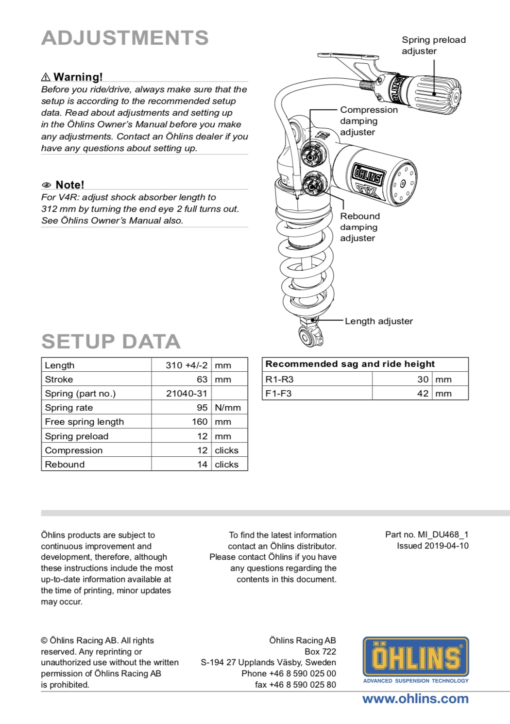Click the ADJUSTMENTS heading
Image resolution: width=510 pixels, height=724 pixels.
[x=125, y=38]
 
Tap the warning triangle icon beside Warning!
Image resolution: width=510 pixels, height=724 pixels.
[x=46, y=77]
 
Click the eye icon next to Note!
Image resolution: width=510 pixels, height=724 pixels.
[x=47, y=185]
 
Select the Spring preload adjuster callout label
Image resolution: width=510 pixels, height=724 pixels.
[x=433, y=45]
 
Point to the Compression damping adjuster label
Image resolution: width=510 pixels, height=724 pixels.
[x=368, y=121]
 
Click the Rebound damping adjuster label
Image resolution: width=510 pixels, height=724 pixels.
[x=359, y=227]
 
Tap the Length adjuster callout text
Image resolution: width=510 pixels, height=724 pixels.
[x=378, y=321]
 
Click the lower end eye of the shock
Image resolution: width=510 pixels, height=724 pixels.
[x=308, y=337]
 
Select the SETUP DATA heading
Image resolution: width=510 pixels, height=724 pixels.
[x=111, y=342]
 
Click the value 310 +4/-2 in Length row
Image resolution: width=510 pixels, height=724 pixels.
[x=187, y=365]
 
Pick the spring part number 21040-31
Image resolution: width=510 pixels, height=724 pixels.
[x=187, y=394]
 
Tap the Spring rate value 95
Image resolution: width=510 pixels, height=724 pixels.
[x=202, y=408]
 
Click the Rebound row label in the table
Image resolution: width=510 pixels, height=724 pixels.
[x=65, y=465]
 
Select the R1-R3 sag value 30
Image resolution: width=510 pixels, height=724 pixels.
[x=423, y=379]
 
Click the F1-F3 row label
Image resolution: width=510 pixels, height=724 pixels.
[x=278, y=394]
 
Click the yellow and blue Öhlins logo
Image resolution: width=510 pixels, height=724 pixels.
[x=416, y=657]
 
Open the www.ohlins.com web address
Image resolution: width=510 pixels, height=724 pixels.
[x=415, y=699]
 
